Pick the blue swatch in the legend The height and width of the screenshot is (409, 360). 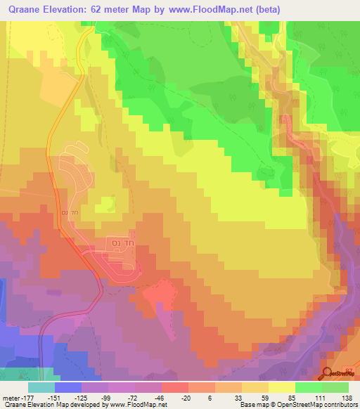tap(68, 387)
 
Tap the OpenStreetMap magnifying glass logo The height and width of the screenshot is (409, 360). tap(328, 373)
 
